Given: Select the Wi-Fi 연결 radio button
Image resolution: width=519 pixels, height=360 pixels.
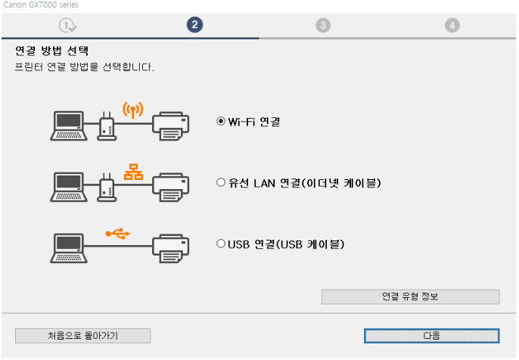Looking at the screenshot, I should (221, 121).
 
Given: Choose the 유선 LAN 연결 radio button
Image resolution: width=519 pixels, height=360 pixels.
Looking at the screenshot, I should (221, 182).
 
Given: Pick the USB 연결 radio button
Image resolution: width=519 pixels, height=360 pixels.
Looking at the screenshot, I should (221, 244).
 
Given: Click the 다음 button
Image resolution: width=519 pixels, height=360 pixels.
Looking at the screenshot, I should (431, 335).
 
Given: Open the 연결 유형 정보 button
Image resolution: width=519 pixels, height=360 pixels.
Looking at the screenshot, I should (410, 296).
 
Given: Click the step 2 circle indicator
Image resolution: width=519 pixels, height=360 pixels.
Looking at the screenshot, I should (194, 25).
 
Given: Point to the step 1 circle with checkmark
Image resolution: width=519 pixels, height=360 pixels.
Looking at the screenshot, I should (68, 25).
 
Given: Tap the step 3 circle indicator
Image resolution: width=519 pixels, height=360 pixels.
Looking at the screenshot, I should (323, 25).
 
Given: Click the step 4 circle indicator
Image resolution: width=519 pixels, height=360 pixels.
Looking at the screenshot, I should (452, 25).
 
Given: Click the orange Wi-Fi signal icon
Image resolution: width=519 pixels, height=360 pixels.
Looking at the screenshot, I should (132, 110).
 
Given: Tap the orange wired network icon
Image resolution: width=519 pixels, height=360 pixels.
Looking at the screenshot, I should (132, 171).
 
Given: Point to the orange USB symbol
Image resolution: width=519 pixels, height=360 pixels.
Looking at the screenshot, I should (117, 233).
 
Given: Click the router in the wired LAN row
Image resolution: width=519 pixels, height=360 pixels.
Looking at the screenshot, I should (107, 186).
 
